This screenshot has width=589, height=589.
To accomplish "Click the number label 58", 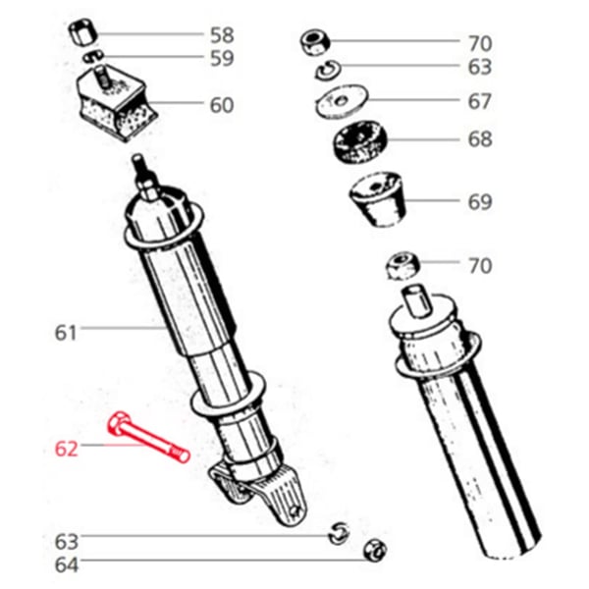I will [222, 36].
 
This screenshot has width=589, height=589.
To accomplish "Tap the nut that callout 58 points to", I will [80, 34].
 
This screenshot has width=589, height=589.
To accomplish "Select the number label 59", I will [222, 59].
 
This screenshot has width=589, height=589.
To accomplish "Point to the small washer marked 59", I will [92, 58].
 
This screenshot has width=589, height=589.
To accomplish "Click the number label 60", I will [222, 104].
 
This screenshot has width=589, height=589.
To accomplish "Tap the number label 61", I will [65, 333].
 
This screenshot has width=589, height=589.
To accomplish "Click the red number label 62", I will [66, 450].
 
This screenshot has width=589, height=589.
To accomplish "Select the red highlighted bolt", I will [147, 438].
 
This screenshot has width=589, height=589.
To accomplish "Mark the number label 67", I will [480, 101].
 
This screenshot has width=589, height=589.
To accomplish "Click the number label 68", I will [480, 139].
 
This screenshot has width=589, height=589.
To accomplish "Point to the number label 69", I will [480, 203].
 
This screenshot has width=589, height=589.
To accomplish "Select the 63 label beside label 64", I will [66, 541].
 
